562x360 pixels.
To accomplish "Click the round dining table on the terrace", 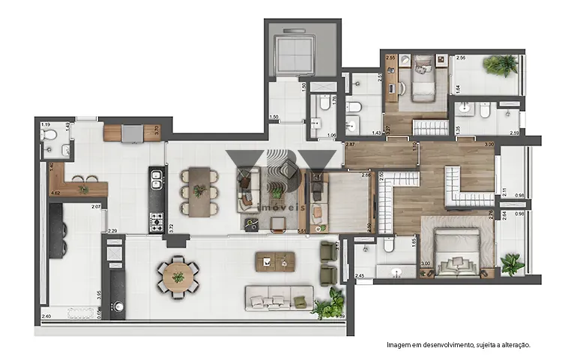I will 178,276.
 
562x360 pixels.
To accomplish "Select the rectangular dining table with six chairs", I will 199,191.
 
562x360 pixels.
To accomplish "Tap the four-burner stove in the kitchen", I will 156,220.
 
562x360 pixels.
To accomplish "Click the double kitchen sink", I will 156,180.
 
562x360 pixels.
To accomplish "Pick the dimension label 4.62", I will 55,193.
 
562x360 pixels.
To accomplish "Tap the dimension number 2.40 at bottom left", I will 46,316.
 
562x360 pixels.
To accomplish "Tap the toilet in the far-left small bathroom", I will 49,134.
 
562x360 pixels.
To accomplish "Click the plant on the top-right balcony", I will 499,65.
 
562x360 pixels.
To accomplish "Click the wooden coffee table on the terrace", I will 277,261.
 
